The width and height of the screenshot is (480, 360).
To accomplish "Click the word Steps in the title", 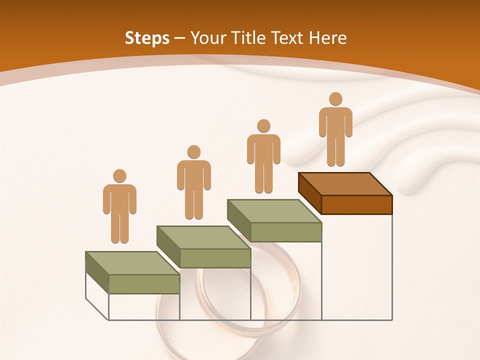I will tap(147, 38).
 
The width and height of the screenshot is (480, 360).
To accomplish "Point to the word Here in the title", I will tap(327, 38).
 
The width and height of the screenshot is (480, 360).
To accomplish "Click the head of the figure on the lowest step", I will tap(119, 176).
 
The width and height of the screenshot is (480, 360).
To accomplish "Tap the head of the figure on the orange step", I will tap(335, 99).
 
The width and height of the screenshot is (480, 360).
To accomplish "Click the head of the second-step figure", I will tap(193, 152).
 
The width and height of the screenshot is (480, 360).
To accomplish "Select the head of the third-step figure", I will tap(263, 126).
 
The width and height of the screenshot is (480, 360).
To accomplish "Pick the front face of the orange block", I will tap(356, 204).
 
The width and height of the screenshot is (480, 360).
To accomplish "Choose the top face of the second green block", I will tap(203, 237).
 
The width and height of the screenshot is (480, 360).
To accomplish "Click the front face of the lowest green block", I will tap(144, 284).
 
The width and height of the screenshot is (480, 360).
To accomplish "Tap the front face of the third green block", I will tap(285, 232).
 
